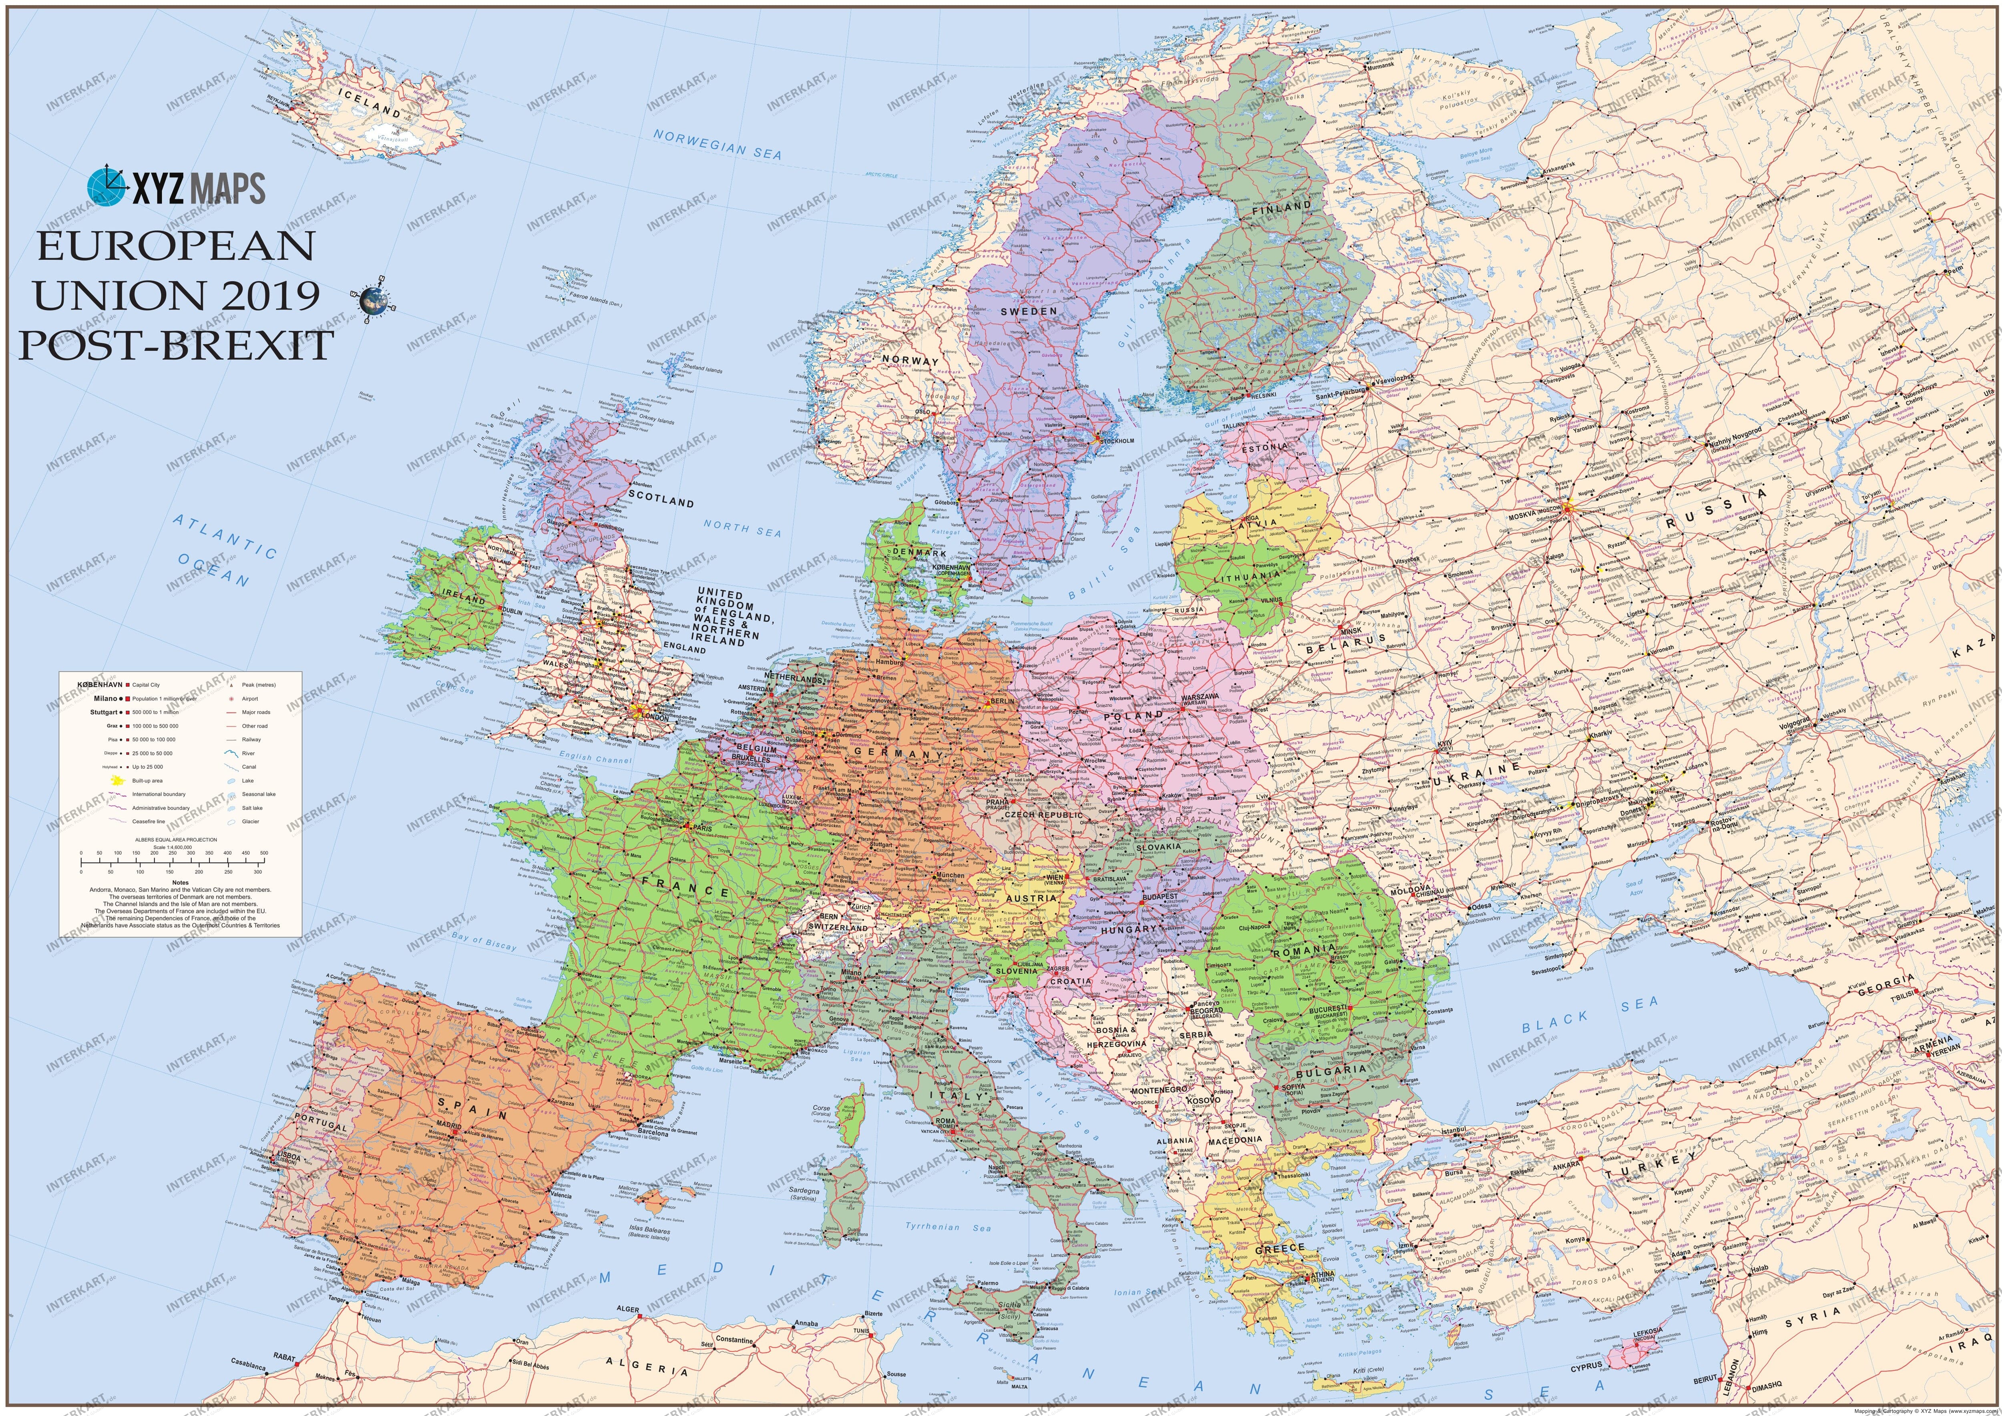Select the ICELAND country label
370,103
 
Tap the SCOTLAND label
661,500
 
